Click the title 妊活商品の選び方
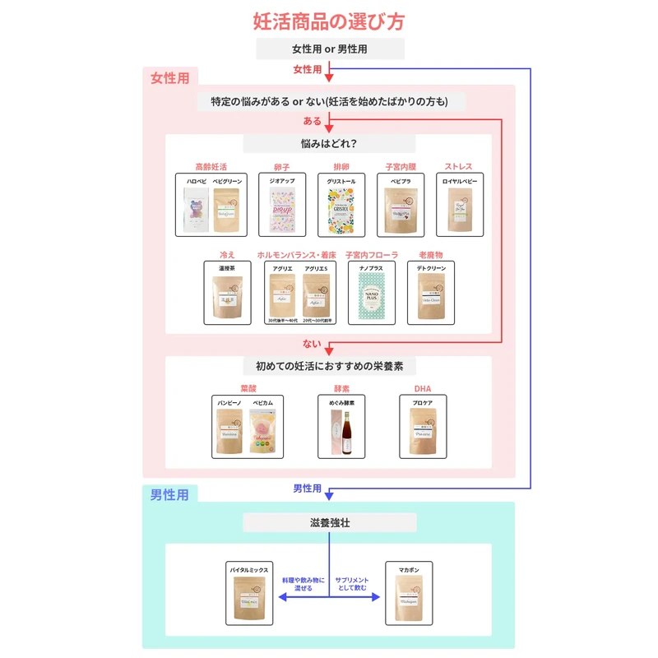[329, 21]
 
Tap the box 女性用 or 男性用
[330, 49]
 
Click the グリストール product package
[341, 210]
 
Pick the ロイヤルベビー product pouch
[460, 210]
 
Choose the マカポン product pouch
[409, 598]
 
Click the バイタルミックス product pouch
[249, 598]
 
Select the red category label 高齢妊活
[211, 167]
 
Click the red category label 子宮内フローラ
[372, 255]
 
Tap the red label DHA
[423, 389]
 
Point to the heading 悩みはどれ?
[329, 144]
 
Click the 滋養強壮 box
[330, 522]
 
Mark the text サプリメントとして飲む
[353, 584]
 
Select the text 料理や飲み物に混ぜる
[304, 584]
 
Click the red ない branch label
[313, 345]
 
